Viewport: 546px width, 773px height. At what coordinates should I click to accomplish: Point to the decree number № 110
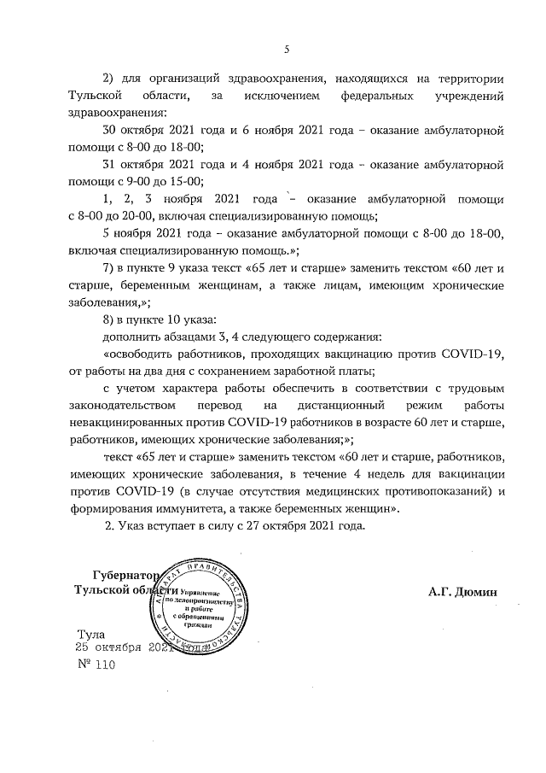(95, 664)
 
